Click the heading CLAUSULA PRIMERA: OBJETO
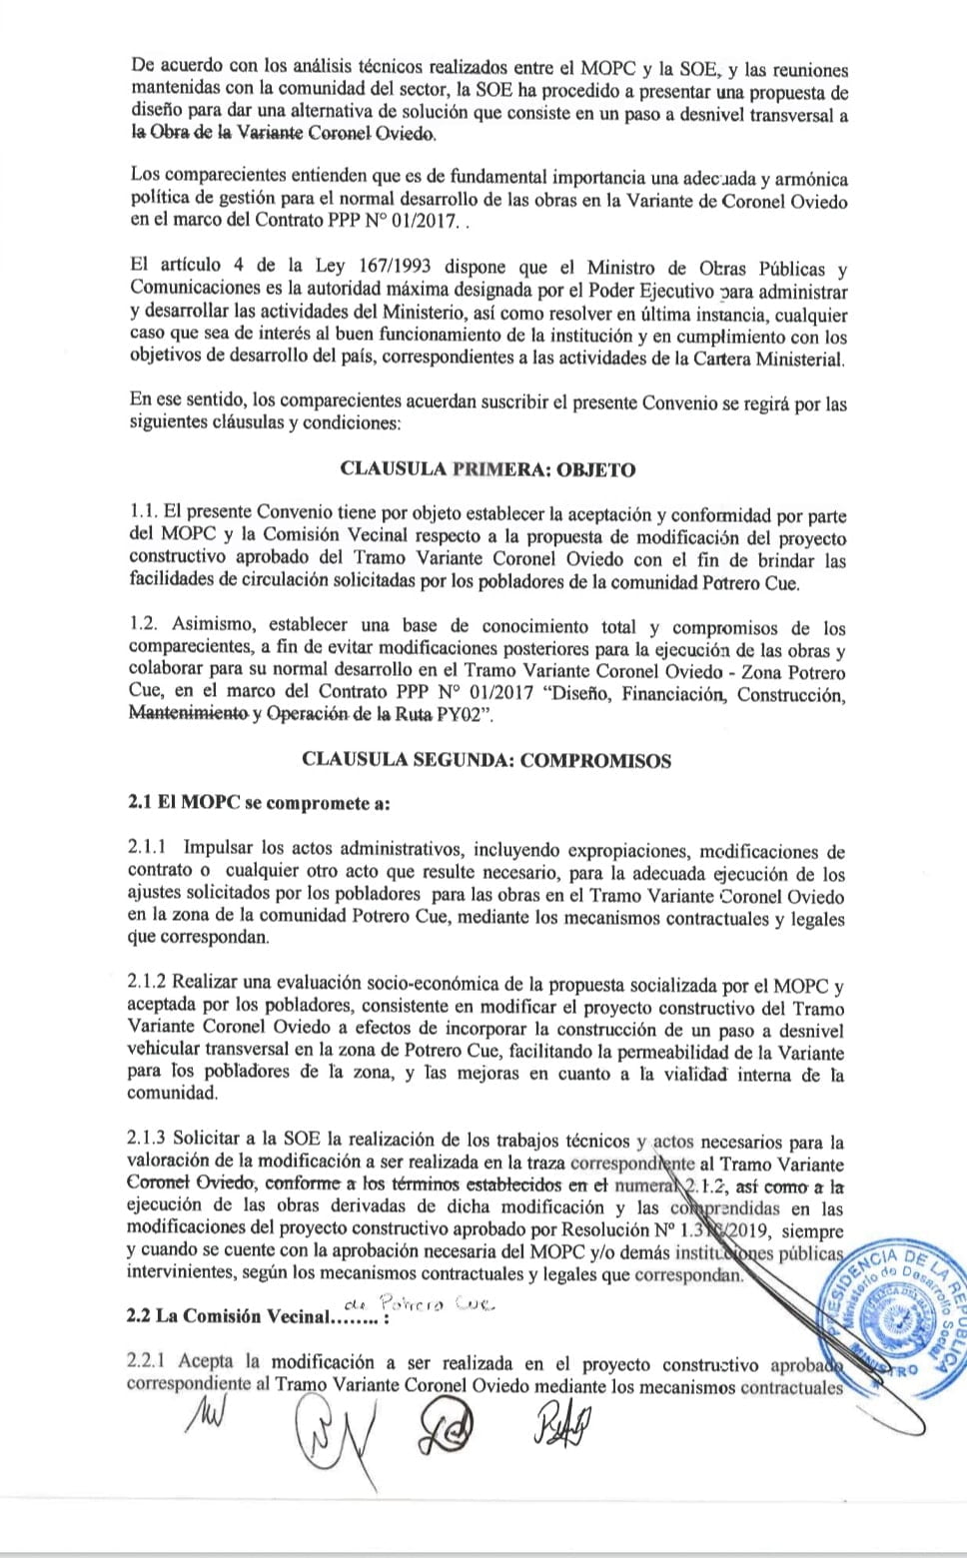pyautogui.click(x=486, y=469)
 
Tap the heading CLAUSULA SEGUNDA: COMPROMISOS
pyautogui.click(x=485, y=760)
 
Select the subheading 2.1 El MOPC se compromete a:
pyautogui.click(x=259, y=804)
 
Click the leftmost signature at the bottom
pyautogui.click(x=205, y=1414)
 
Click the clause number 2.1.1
pyautogui.click(x=148, y=849)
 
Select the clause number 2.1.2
pyautogui.click(x=148, y=985)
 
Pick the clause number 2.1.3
pyautogui.click(x=148, y=1140)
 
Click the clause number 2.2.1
pyautogui.click(x=147, y=1362)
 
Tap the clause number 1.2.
pyautogui.click(x=143, y=627)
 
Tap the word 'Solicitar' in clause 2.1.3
pyautogui.click(x=207, y=1140)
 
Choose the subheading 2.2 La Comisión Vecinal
pyautogui.click(x=241, y=1316)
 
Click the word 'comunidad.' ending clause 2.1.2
pyautogui.click(x=172, y=1095)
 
